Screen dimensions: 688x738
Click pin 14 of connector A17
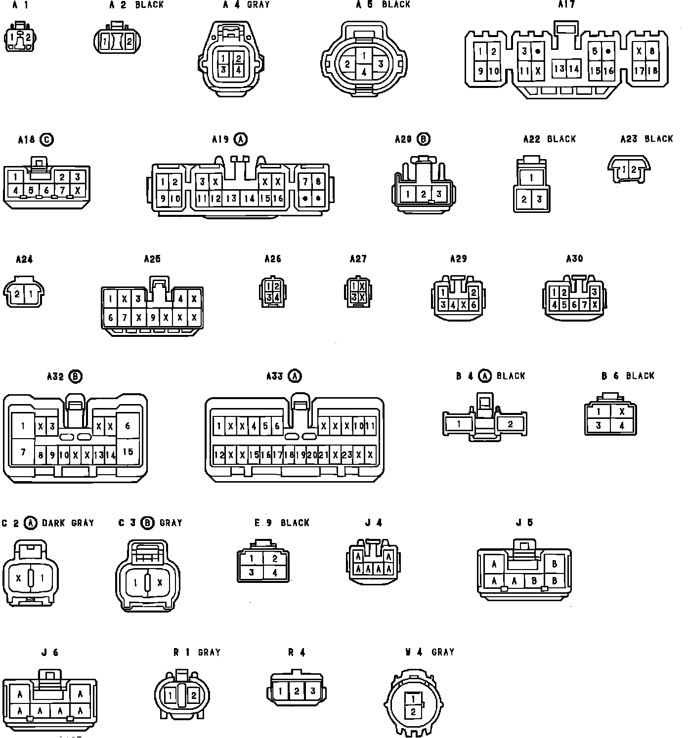(x=573, y=69)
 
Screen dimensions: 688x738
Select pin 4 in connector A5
(x=364, y=72)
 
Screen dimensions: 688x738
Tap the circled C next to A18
(x=46, y=140)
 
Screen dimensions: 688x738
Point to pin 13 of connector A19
(x=231, y=199)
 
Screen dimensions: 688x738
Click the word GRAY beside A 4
(x=258, y=5)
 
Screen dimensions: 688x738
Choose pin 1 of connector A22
(x=531, y=178)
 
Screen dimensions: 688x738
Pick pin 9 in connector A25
(x=153, y=318)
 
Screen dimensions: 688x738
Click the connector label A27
(x=358, y=259)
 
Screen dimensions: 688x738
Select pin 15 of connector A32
(x=128, y=451)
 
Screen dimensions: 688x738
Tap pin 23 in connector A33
(x=347, y=455)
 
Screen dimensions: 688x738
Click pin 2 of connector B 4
(x=510, y=424)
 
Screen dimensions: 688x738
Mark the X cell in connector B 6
(x=622, y=411)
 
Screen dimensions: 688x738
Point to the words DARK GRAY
(x=68, y=523)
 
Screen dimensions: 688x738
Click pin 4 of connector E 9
(x=275, y=573)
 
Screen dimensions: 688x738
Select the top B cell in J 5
(x=555, y=564)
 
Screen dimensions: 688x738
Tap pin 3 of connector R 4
(x=312, y=691)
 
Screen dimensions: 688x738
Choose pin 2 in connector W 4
(x=413, y=712)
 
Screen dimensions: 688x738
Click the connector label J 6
(x=50, y=653)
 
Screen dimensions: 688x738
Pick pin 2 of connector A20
(x=423, y=195)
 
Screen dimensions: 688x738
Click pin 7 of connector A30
(x=584, y=305)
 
